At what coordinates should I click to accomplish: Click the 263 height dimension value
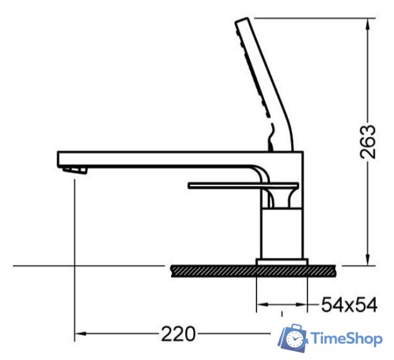tap(368, 142)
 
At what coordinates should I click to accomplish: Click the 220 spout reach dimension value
tap(178, 334)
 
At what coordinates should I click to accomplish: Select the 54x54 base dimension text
tap(349, 304)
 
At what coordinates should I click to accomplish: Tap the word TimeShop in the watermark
tap(347, 339)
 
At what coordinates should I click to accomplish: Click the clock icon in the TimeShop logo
tap(295, 339)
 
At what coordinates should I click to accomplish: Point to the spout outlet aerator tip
tap(75, 170)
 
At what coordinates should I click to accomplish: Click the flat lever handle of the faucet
tap(244, 185)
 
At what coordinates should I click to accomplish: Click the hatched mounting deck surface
tap(253, 271)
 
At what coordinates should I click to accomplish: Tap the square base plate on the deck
tap(282, 262)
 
